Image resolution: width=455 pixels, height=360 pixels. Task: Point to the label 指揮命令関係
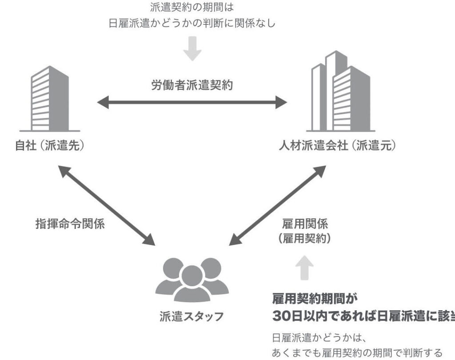[x=70, y=224]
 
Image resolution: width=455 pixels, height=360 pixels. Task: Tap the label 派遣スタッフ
[x=192, y=317]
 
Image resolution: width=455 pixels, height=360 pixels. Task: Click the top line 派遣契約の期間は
[x=192, y=8]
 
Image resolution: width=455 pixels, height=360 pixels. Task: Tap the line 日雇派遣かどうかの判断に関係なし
[x=192, y=23]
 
